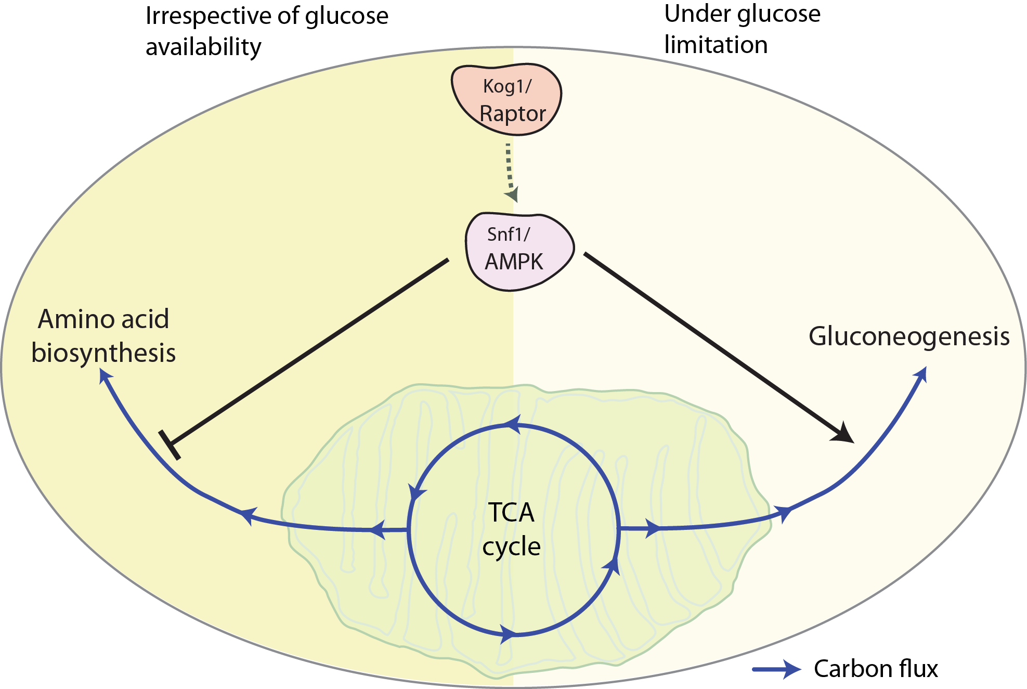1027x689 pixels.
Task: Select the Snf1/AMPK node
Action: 519,251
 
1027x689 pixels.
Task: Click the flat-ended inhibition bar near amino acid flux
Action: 170,445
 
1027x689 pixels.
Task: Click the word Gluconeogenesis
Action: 908,336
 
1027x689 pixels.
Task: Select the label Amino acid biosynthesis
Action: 103,336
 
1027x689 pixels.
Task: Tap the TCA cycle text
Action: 511,529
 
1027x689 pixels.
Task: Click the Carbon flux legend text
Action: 876,669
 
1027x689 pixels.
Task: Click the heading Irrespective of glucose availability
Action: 266,31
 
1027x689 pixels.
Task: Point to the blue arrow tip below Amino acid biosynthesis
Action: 105,376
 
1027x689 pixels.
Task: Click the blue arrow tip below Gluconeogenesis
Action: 922,373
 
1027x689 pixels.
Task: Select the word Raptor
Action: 512,114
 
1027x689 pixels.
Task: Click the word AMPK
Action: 514,262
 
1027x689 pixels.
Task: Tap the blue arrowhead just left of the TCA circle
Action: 378,530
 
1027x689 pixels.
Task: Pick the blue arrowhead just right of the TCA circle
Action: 653,528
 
